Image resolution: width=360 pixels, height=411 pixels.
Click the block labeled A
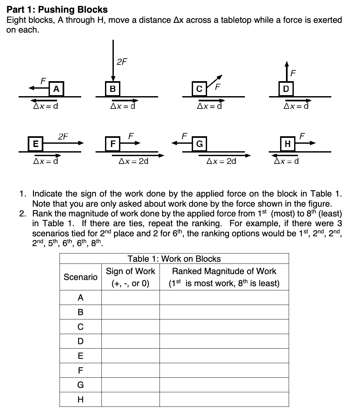click(x=56, y=89)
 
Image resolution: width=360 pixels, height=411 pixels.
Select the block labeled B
click(x=113, y=89)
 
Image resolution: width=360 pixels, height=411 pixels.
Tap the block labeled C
click(x=199, y=89)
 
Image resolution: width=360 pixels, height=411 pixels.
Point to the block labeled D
click(x=286, y=89)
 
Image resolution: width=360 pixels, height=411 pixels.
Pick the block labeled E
click(x=36, y=144)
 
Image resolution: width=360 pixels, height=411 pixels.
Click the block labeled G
click(x=199, y=144)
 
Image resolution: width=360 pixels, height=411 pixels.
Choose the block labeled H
click(x=288, y=144)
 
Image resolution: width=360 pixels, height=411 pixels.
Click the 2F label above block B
click(x=122, y=62)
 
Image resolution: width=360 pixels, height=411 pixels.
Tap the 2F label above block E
click(x=63, y=137)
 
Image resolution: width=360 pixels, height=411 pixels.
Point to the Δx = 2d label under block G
click(x=221, y=161)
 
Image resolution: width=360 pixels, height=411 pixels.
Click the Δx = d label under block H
click(x=287, y=161)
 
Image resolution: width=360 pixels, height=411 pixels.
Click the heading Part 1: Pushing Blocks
click(x=57, y=10)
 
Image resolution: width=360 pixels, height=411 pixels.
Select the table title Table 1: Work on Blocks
click(x=174, y=259)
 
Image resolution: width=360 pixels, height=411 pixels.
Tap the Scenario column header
click(x=81, y=277)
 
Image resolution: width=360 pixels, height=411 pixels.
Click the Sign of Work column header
click(x=130, y=277)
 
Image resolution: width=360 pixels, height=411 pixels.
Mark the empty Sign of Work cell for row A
click(x=130, y=298)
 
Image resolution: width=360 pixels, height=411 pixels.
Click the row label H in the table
click(x=81, y=400)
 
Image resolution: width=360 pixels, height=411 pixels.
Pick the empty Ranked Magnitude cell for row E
click(x=224, y=356)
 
